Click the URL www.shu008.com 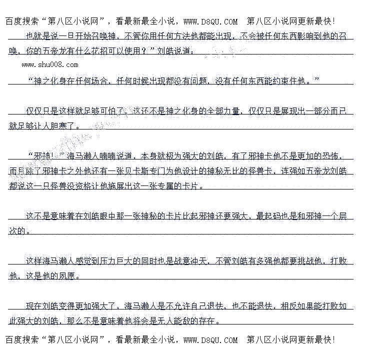[50, 64]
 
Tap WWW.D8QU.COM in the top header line [210, 21]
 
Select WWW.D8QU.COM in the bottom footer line [210, 340]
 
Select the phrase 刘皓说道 [173, 50]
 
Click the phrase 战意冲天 [189, 261]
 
